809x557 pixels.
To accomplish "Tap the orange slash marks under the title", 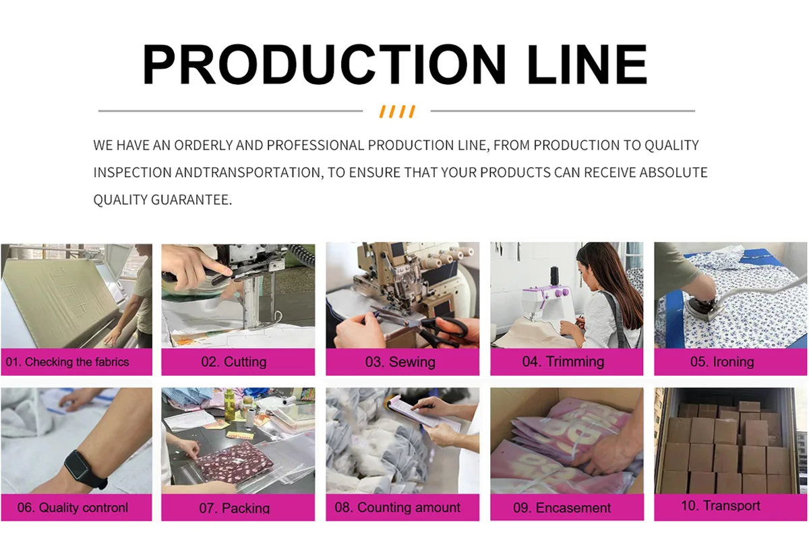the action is point(397,112).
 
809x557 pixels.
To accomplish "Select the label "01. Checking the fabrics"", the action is point(67,362).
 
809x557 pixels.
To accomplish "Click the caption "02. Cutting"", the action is point(234,362).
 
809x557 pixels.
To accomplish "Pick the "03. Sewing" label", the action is point(400,362).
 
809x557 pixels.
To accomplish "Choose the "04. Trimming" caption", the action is point(563,362).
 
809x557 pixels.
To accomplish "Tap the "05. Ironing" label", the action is point(722,362).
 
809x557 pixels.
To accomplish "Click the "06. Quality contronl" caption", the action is point(73,507).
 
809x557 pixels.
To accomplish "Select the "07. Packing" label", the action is point(235,508).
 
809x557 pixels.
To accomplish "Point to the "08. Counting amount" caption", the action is point(397,507).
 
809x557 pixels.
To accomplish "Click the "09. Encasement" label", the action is point(562,508).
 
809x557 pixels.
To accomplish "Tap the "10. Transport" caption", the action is point(721,505).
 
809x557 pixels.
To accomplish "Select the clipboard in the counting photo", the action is point(423,414).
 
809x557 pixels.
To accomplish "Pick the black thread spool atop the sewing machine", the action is point(554,276).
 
